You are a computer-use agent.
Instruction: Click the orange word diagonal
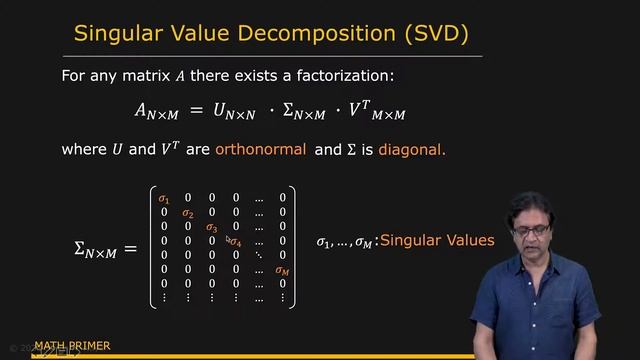tap(409, 150)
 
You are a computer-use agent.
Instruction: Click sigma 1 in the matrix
tap(164, 199)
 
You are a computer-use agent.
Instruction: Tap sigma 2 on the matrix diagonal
tap(187, 213)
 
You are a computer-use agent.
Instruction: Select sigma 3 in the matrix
tap(211, 227)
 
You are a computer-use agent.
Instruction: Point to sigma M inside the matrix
tap(283, 270)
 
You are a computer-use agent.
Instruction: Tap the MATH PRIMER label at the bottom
tap(73, 347)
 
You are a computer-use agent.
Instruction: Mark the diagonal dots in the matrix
tap(259, 255)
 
